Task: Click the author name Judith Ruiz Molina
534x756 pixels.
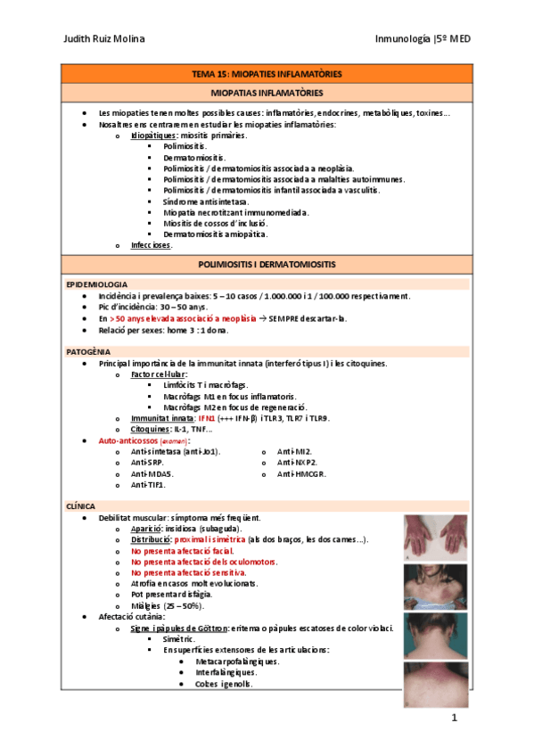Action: click(x=105, y=39)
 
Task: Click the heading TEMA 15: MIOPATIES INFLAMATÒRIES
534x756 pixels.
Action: click(x=267, y=74)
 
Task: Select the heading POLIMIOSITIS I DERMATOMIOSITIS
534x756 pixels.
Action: click(x=267, y=265)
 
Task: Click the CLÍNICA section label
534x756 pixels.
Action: click(x=80, y=505)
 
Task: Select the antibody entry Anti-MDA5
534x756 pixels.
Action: click(x=152, y=473)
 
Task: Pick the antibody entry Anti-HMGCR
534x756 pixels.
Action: click(x=301, y=473)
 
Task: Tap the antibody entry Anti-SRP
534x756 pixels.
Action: click(x=148, y=462)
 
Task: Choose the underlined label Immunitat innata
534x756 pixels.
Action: click(x=162, y=418)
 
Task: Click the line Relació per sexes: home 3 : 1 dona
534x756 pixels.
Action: click(x=164, y=329)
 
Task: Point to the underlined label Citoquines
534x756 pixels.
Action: click(x=153, y=429)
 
